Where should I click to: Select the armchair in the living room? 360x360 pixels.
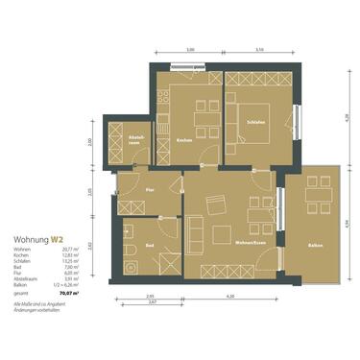point(223,233)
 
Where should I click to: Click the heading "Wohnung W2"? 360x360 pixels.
point(39,238)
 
